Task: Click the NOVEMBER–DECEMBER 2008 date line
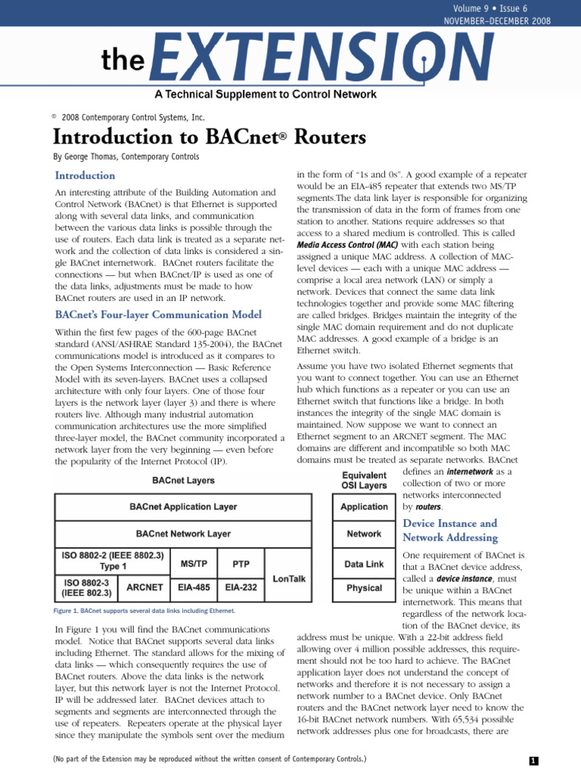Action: tap(507, 20)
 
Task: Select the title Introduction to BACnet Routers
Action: tap(198, 138)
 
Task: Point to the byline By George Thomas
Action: tap(126, 157)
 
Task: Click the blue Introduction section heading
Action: tap(85, 176)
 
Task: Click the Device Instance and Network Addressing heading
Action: tap(450, 530)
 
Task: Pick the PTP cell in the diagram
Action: tap(241, 564)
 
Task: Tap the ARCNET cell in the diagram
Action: tap(145, 587)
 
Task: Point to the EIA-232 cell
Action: tap(241, 587)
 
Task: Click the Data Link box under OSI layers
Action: tap(364, 564)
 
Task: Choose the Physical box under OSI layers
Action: tap(364, 587)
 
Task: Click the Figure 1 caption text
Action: tap(144, 610)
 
